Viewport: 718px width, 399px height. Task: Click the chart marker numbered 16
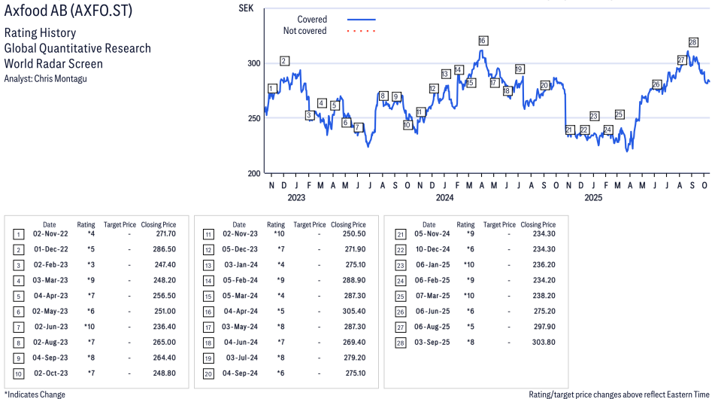(483, 41)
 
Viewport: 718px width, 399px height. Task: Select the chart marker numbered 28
(693, 42)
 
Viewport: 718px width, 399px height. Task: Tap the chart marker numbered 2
(284, 60)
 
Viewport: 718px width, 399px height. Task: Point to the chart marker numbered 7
(358, 127)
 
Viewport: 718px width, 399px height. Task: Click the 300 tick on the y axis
(254, 63)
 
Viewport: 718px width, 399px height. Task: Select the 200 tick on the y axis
(254, 173)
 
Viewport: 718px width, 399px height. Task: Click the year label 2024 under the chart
(444, 198)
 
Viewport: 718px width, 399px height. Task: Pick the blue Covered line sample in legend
(362, 20)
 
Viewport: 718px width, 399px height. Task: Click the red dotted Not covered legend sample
(362, 31)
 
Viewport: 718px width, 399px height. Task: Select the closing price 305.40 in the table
(348, 311)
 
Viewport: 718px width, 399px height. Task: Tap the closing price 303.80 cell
(538, 343)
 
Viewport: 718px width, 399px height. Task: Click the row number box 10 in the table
(19, 373)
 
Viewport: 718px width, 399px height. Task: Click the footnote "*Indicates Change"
(35, 394)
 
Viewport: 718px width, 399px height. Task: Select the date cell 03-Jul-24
(239, 358)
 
